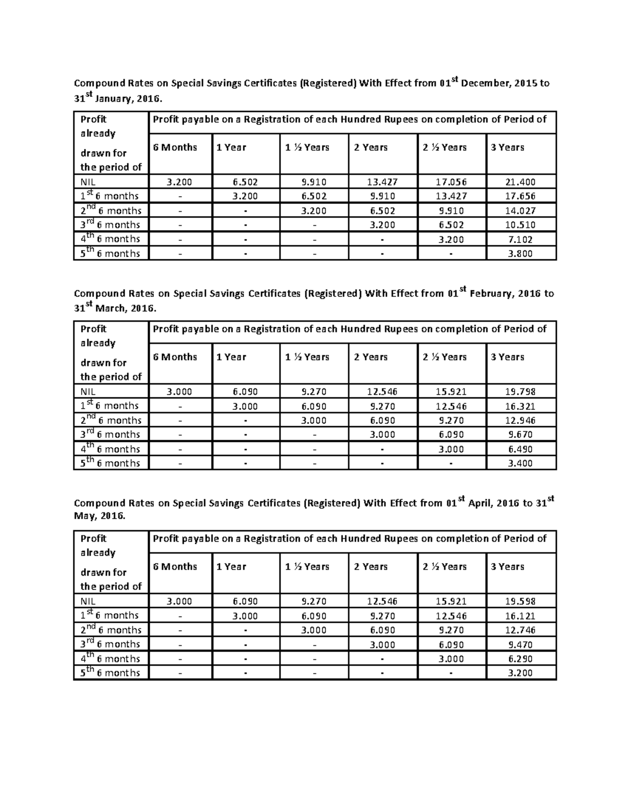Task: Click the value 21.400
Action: tap(521, 182)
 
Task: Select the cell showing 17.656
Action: tap(521, 197)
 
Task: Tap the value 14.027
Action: tap(521, 211)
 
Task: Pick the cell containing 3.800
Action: tap(521, 254)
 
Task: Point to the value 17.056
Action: tap(452, 182)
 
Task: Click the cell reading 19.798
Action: tap(521, 392)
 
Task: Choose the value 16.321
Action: tap(521, 406)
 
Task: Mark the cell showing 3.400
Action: tap(521, 463)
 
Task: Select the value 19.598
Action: tap(521, 601)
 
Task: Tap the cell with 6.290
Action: tap(521, 659)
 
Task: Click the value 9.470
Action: tap(521, 645)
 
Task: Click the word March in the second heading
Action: tap(112, 308)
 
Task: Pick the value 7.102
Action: tap(521, 239)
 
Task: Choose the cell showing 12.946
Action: tap(521, 420)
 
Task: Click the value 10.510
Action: tap(521, 225)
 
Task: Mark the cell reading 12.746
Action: tap(521, 630)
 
